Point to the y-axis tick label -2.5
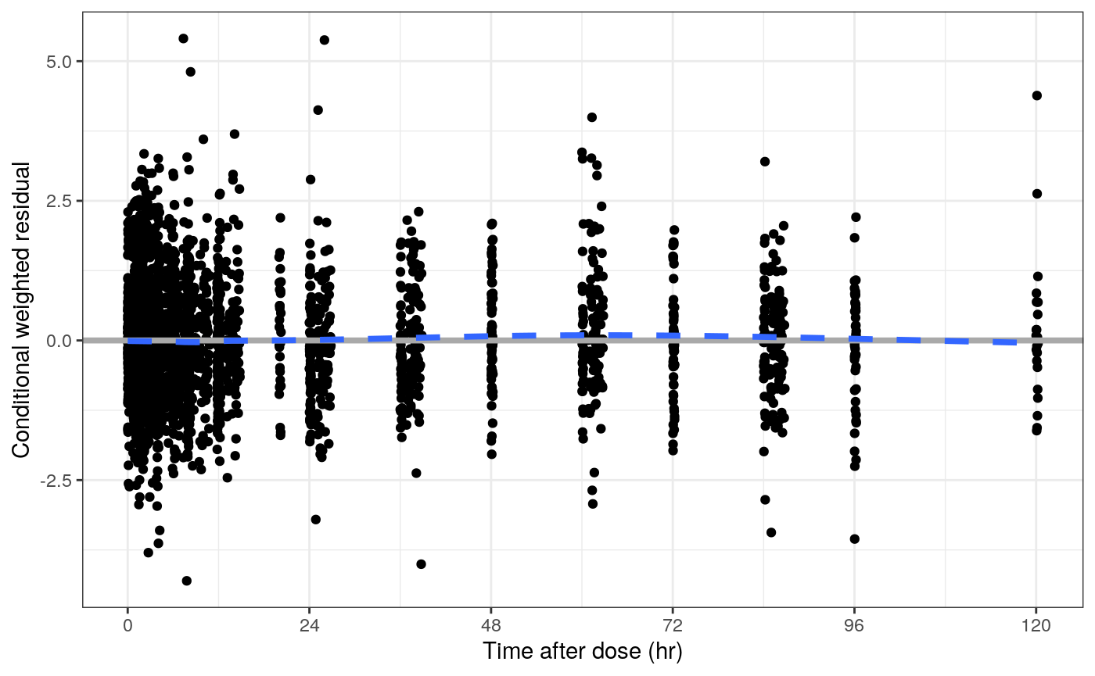pyautogui.click(x=57, y=481)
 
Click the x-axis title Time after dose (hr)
pyautogui.click(x=583, y=652)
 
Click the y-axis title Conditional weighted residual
pyautogui.click(x=21, y=310)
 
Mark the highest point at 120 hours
pyautogui.click(x=1037, y=95)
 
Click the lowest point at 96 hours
pyautogui.click(x=855, y=538)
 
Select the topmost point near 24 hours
pyautogui.click(x=324, y=40)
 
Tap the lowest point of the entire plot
pyautogui.click(x=187, y=581)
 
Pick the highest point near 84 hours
pyautogui.click(x=765, y=162)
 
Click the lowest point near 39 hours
pyautogui.click(x=421, y=564)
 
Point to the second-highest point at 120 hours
pyautogui.click(x=1037, y=194)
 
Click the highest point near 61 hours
pyautogui.click(x=592, y=117)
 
